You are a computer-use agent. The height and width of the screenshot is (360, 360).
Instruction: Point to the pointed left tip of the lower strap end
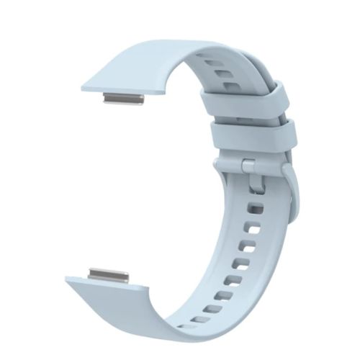(67, 279)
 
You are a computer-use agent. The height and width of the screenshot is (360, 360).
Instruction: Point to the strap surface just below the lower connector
(115, 302)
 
